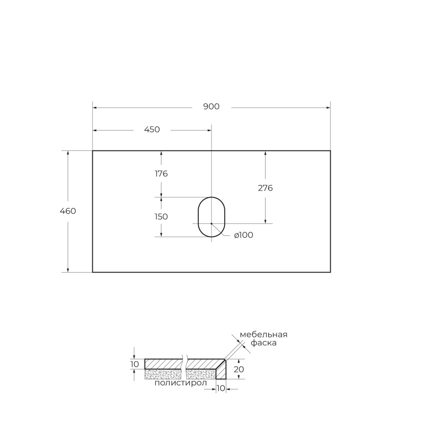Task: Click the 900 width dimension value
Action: tap(211, 107)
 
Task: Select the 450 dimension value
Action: tap(152, 130)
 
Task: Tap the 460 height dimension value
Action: tap(68, 211)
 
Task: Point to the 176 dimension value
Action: tap(161, 174)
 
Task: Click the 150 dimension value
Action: tap(161, 217)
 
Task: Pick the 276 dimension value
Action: tap(265, 188)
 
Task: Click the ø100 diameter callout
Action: tap(243, 235)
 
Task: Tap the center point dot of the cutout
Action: tap(211, 223)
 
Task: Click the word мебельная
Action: tap(263, 334)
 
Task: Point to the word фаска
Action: tap(263, 343)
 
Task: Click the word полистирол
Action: tap(181, 383)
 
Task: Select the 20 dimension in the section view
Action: tap(238, 369)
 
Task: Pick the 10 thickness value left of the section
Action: tap(134, 364)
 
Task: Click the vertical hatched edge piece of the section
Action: tap(222, 371)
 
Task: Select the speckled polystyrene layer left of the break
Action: tap(162, 374)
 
